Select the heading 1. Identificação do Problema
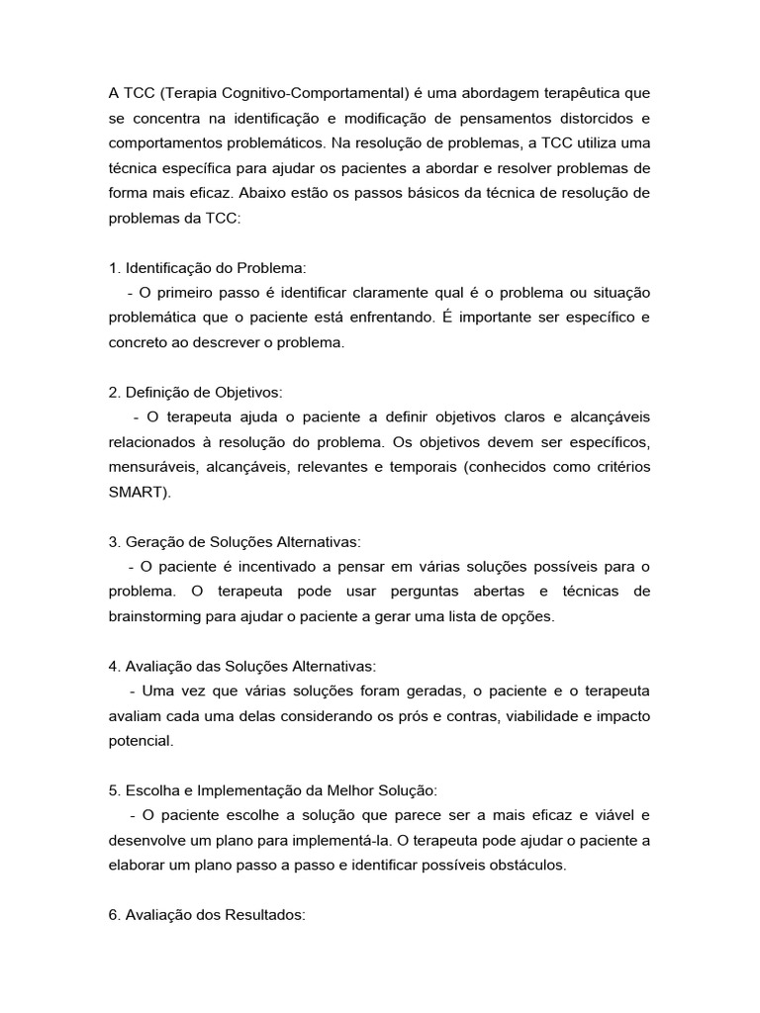pos(208,269)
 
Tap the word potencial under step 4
pos(141,739)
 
